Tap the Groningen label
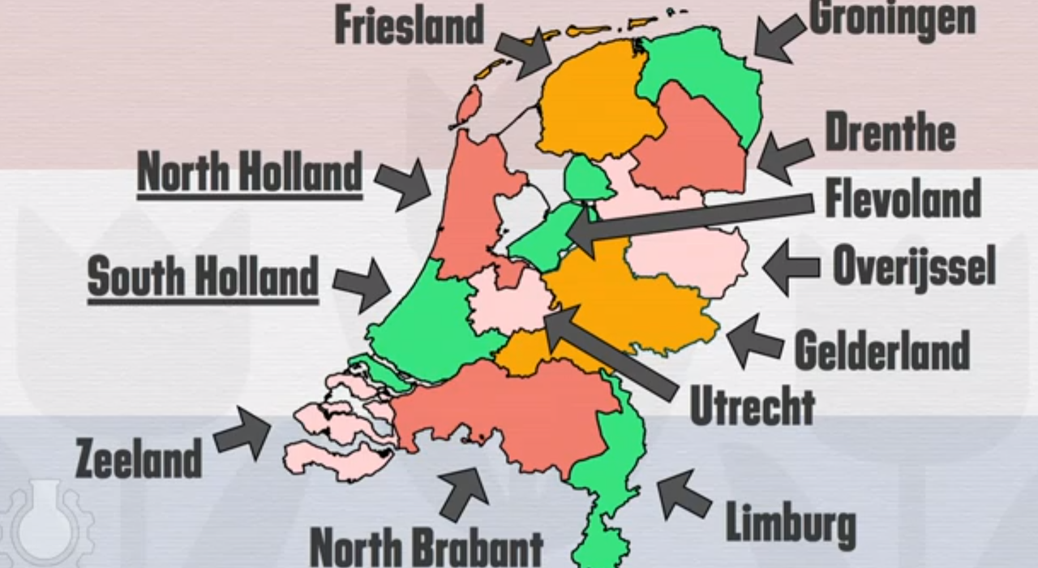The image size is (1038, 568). coord(892,18)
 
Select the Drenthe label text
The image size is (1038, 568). coord(890,132)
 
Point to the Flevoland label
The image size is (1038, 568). coord(903,198)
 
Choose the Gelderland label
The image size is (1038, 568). coord(881,351)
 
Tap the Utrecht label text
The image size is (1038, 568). coord(752,406)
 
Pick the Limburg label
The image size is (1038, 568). coord(791,523)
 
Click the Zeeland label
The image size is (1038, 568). coord(138,458)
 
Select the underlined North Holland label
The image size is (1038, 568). coord(249,173)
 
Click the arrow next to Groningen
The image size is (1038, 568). coord(774,39)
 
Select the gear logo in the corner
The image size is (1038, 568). coord(45,523)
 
